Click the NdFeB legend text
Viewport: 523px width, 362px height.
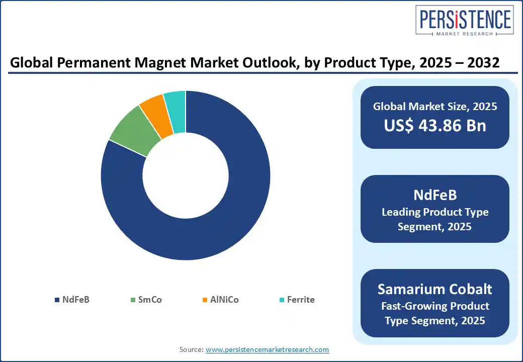pos(76,300)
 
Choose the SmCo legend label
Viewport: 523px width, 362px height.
pos(150,300)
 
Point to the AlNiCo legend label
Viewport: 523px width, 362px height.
pos(224,300)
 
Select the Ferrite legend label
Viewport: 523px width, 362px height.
pos(301,300)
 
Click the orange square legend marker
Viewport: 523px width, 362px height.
pos(205,300)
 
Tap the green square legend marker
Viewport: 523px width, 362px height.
pos(133,300)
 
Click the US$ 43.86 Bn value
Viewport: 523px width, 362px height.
pos(435,126)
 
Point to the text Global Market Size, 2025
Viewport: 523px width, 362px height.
pos(435,106)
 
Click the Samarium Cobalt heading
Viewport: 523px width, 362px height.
pos(435,289)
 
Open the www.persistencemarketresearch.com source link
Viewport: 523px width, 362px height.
pos(268,349)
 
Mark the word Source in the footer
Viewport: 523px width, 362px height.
pos(191,349)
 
